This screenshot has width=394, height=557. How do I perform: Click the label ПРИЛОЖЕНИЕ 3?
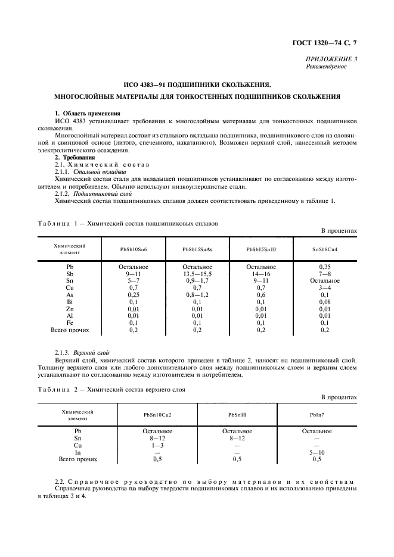pyautogui.click(x=331, y=59)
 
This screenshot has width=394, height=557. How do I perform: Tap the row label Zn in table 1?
pyautogui.click(x=70, y=309)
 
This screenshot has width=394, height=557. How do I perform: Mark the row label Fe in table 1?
pyautogui.click(x=70, y=323)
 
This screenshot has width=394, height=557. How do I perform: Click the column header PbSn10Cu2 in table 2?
pyautogui.click(x=157, y=414)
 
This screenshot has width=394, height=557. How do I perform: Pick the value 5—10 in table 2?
pyautogui.click(x=317, y=452)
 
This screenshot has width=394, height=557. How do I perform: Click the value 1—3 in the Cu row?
pyautogui.click(x=157, y=445)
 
